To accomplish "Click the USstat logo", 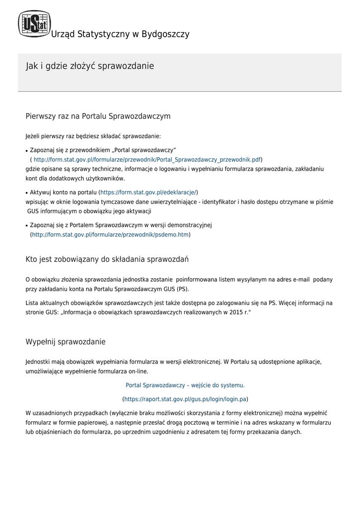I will [x=34, y=24].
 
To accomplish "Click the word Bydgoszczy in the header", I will [x=165, y=34].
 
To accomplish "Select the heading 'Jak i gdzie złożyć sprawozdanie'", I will [x=90, y=66].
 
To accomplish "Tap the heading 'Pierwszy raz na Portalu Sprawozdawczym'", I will [x=98, y=116].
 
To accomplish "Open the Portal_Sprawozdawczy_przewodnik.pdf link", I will [x=147, y=159].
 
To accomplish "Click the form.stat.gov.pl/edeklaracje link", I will [x=149, y=192].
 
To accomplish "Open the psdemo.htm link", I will [x=110, y=234].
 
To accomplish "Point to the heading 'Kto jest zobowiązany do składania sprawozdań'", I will [x=107, y=259].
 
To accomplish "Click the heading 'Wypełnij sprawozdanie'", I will [x=66, y=342].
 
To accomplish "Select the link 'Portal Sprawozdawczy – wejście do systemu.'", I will [x=185, y=385].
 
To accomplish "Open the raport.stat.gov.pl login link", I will [x=185, y=399].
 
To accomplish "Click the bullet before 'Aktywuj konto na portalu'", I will [x=27, y=192].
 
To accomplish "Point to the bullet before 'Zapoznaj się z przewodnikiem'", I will [x=27, y=150].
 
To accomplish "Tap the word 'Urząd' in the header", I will [x=63, y=34].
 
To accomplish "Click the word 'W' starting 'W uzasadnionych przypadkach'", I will [x=28, y=413].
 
